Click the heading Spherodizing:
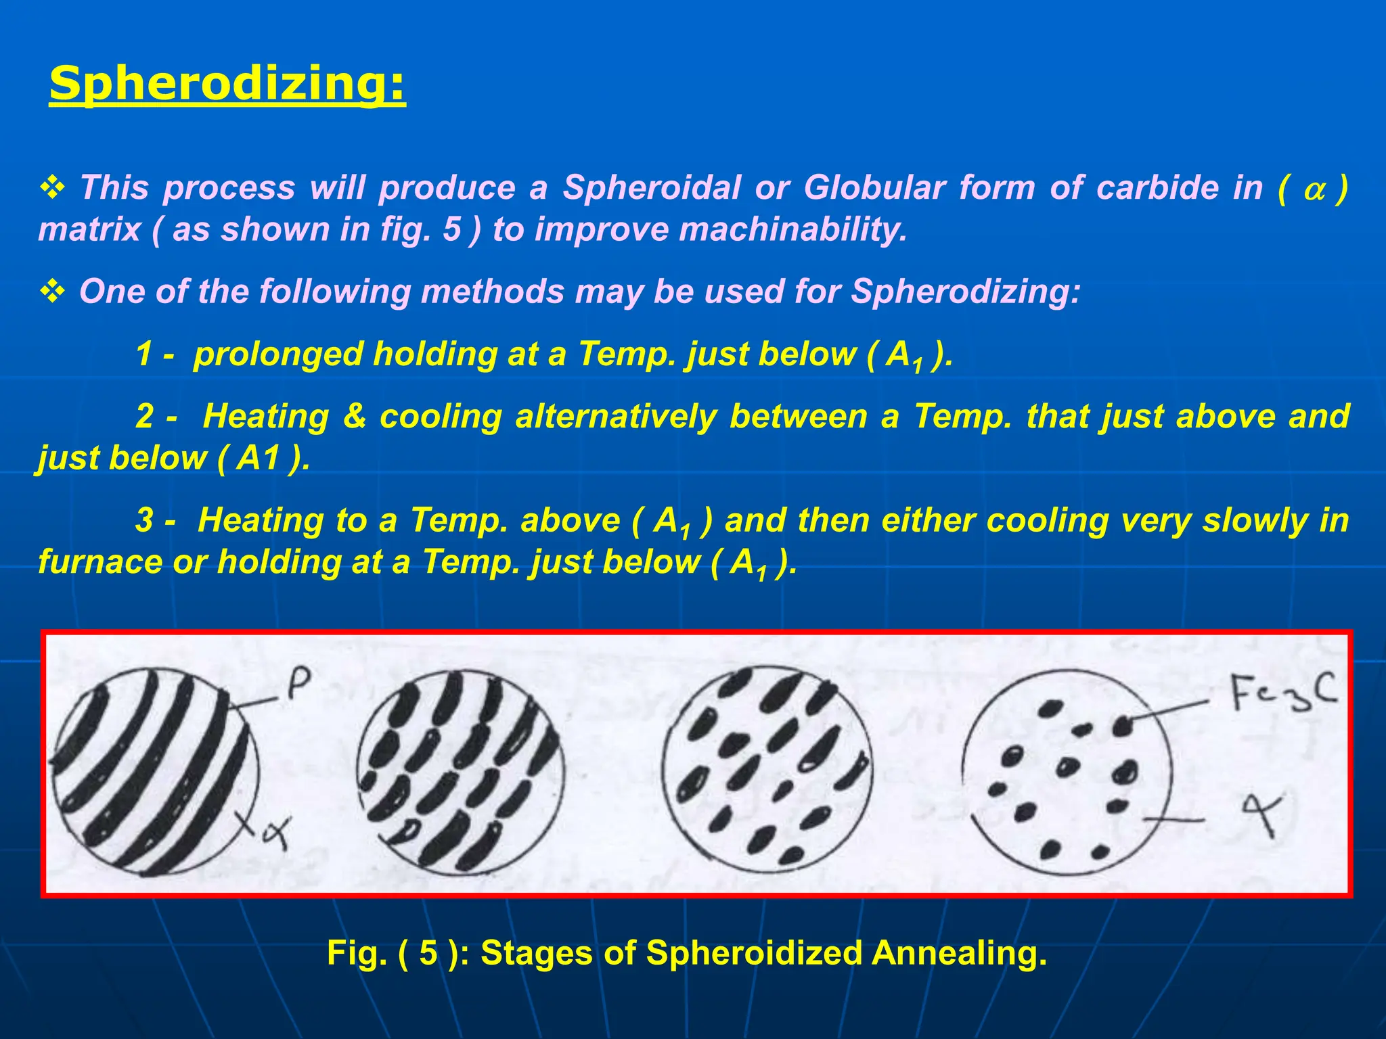227,84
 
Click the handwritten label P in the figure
298,685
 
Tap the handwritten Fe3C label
1283,692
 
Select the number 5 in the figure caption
428,953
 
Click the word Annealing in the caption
959,953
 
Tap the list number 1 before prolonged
143,354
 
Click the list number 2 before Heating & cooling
144,416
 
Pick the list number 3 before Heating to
144,520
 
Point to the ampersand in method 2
355,416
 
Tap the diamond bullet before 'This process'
53,188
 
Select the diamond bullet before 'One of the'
53,292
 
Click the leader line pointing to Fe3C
1169,710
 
